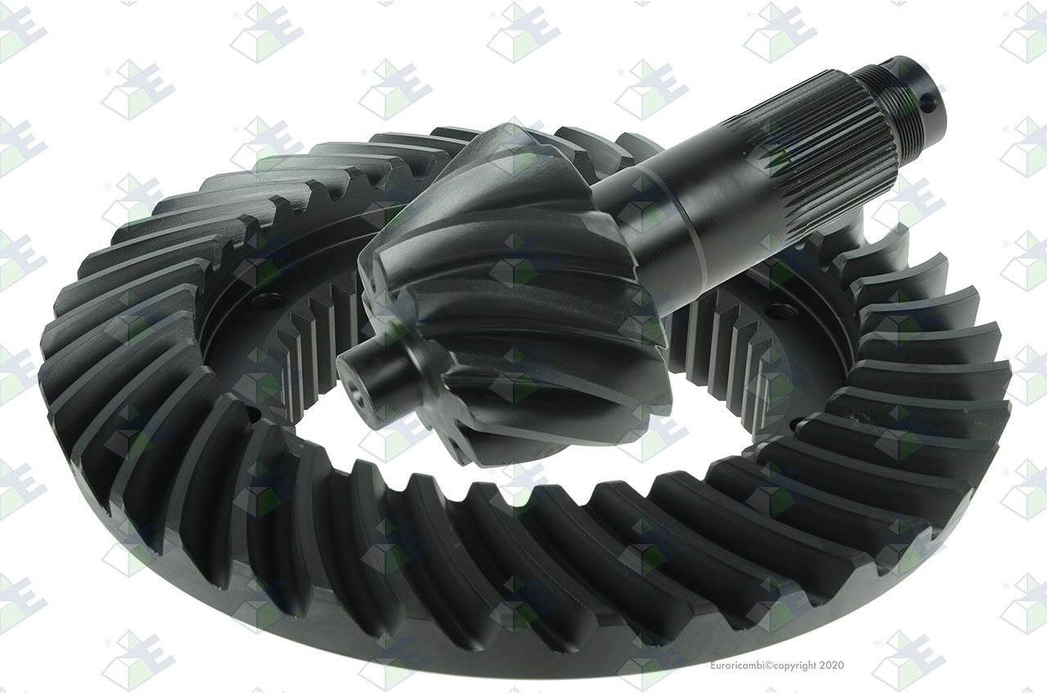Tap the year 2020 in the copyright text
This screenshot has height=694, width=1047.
click(832, 665)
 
